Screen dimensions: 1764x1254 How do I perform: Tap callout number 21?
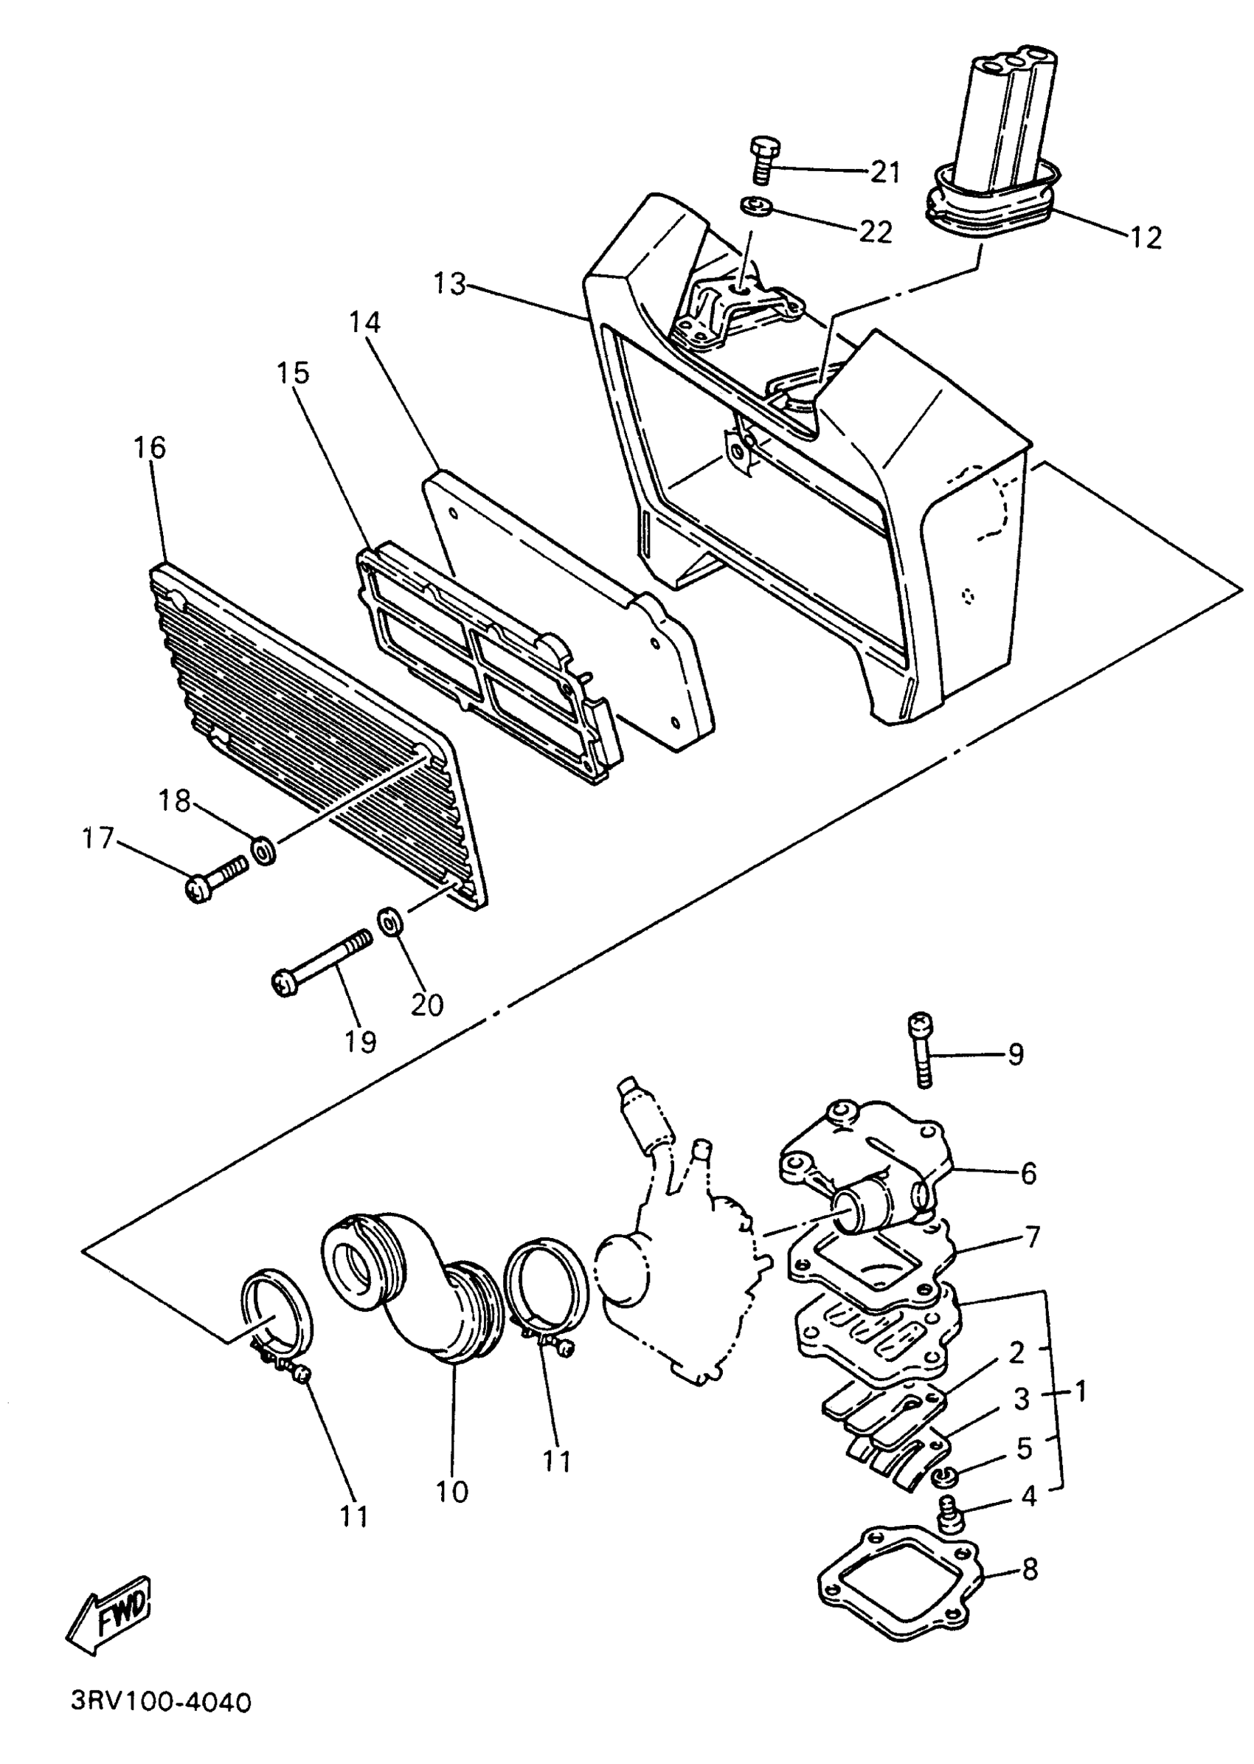click(885, 172)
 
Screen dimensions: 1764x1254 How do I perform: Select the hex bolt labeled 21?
click(763, 159)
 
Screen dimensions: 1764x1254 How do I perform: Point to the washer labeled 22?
click(750, 207)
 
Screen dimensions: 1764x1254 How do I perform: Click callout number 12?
click(1145, 237)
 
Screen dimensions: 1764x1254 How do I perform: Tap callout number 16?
click(150, 447)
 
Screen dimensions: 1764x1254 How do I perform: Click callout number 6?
click(1028, 1173)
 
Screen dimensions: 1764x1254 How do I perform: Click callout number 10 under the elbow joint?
click(451, 1491)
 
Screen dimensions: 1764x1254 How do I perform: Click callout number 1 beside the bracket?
click(1080, 1392)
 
